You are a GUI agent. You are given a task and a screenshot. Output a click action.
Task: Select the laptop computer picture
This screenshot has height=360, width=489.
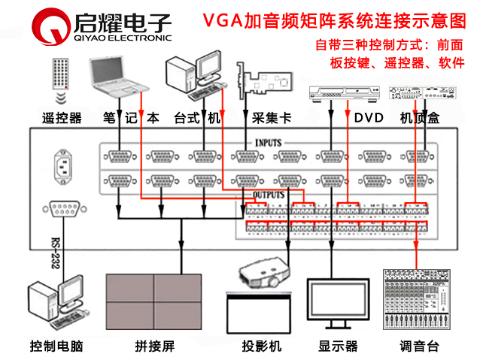click(119, 75)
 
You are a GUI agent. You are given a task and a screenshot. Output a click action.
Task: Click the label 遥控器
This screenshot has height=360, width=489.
click(62, 118)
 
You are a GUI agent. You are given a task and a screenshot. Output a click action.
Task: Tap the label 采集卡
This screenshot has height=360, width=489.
click(266, 118)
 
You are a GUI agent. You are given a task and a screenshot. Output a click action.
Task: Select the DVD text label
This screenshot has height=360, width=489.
click(369, 118)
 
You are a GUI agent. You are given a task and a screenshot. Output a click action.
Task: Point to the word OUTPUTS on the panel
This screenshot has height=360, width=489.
click(269, 194)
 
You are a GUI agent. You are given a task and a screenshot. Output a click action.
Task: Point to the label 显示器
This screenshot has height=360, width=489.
click(338, 346)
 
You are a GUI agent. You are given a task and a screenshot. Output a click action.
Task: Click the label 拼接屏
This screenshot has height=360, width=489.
click(155, 346)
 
